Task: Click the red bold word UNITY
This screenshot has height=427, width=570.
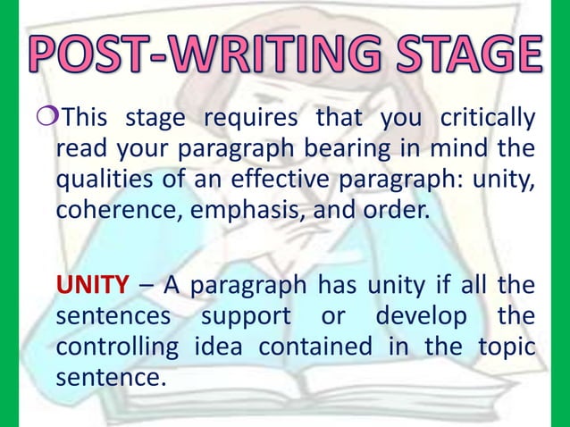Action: click(91, 286)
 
